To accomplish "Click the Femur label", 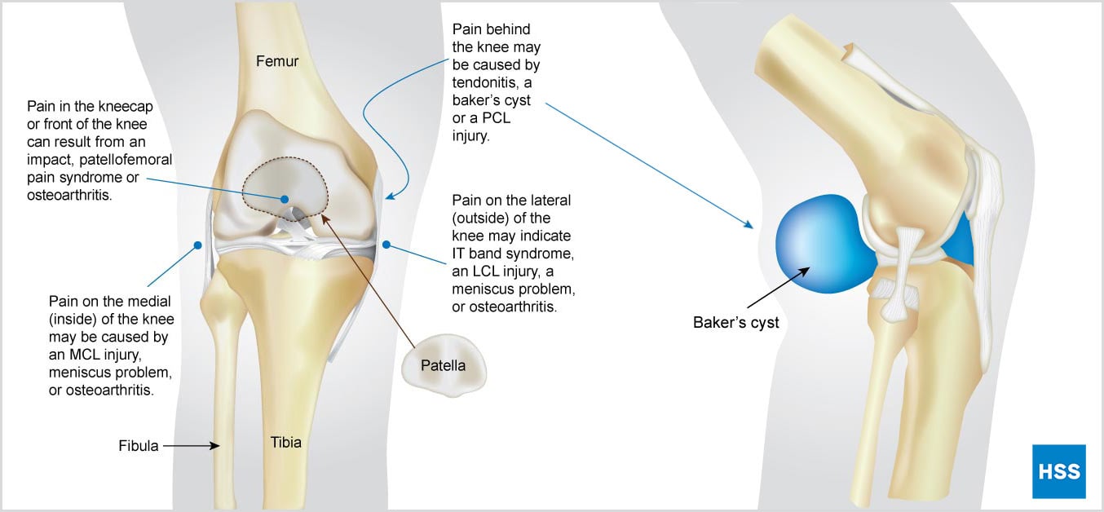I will point(277,60).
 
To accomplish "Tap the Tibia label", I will point(286,443).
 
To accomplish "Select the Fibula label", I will point(139,446).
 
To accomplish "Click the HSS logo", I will point(1059,471).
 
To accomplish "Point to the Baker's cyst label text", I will point(735,323).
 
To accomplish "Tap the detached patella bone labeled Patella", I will point(443,366).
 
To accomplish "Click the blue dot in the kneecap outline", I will point(285,199).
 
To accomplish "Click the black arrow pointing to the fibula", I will point(192,446).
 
